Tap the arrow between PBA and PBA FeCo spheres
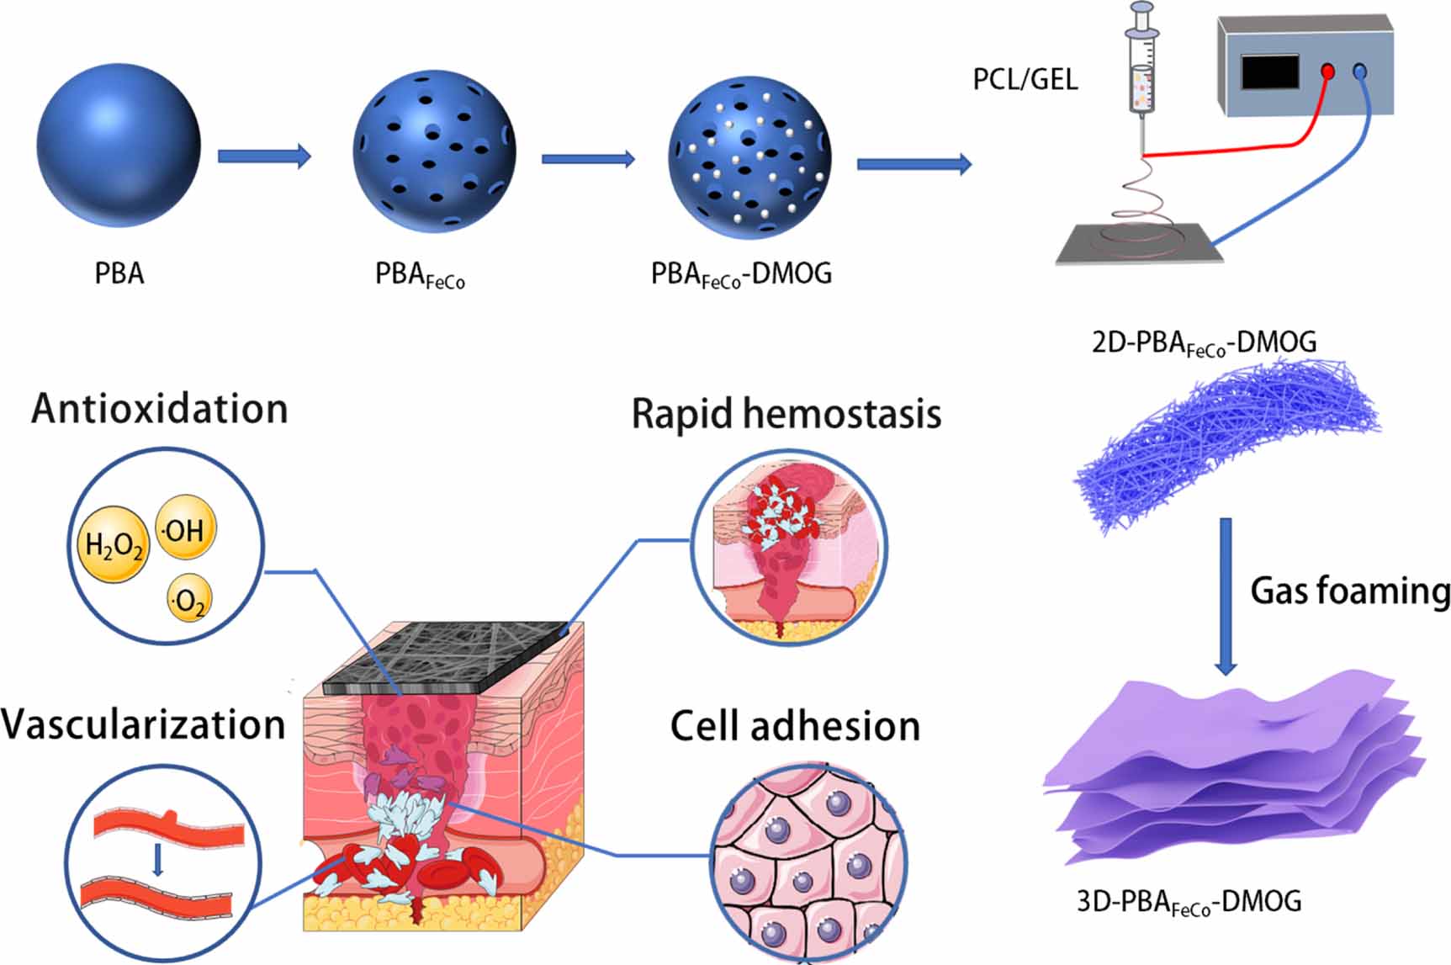coord(264,156)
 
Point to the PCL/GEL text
coord(1025,79)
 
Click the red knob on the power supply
coord(1327,72)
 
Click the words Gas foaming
coord(1349,591)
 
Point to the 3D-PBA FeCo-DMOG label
coord(1189,902)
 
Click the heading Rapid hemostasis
coord(786,414)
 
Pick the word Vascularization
coord(143,724)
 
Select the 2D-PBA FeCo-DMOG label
coord(1204,343)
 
